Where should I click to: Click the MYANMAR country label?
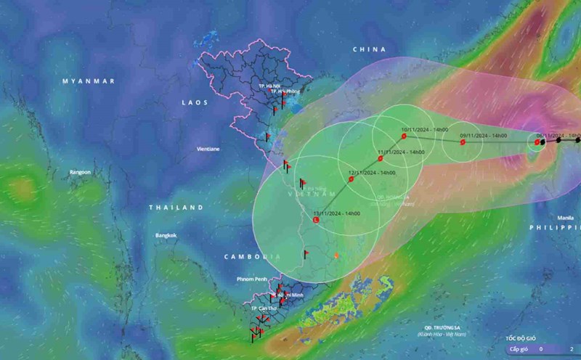[88, 81]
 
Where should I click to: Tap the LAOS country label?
[195, 103]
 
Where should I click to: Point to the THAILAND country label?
[176, 208]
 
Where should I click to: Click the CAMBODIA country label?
[251, 257]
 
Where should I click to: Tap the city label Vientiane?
[208, 149]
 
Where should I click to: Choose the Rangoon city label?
[80, 172]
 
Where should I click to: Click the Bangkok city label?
[166, 235]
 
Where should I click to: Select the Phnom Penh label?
[252, 279]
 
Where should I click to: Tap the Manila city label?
[566, 217]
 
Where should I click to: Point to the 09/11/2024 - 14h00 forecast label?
[483, 135]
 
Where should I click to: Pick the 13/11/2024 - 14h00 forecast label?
[336, 213]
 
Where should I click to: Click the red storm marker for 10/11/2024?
[404, 136]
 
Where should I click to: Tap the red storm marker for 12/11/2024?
[352, 179]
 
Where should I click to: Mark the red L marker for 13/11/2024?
[315, 219]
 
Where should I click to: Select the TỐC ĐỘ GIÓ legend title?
[524, 338]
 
